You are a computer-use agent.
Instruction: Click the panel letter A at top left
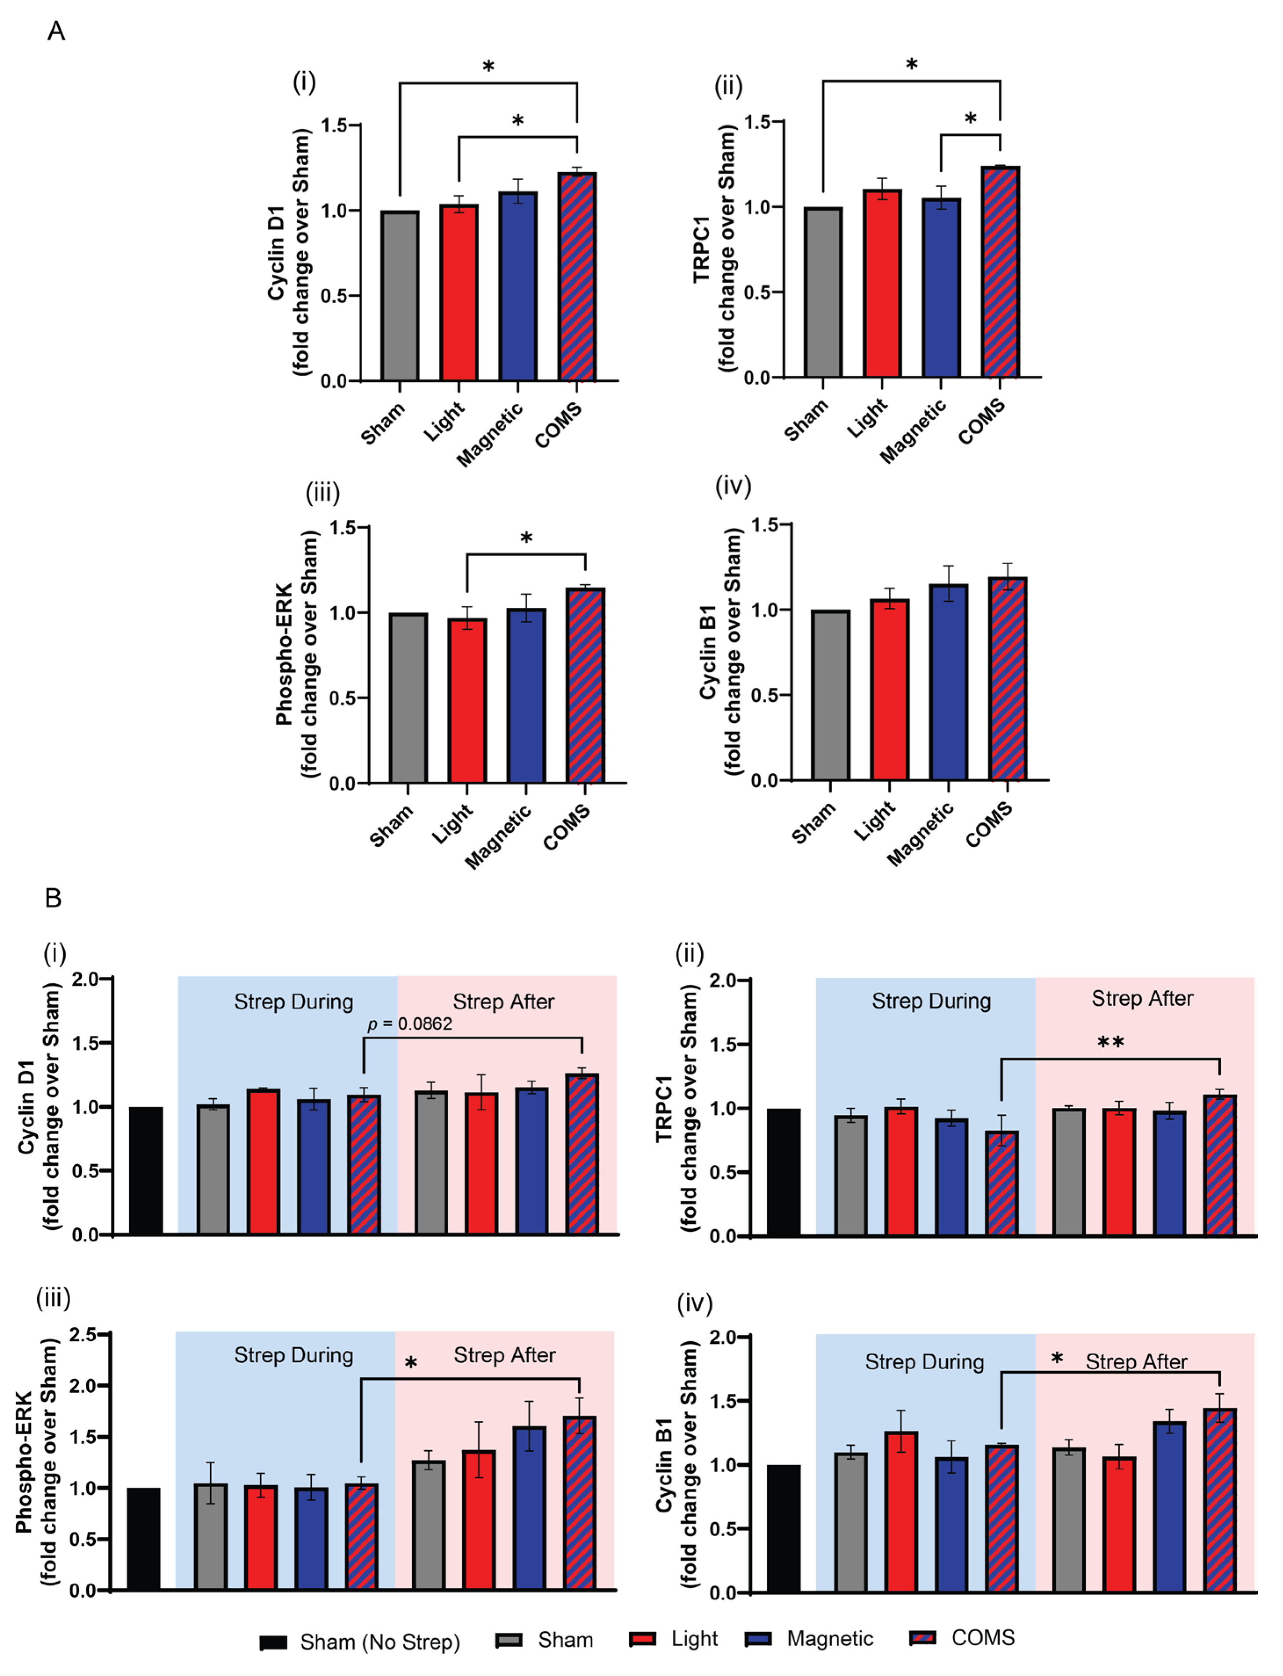[56, 31]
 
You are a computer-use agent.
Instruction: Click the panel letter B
[53, 898]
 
